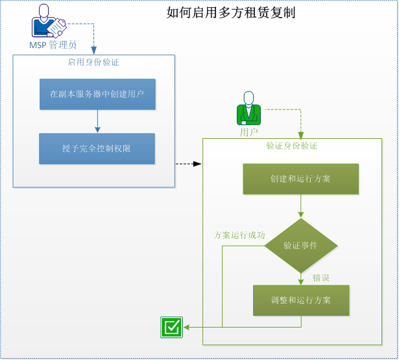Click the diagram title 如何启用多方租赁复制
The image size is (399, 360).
click(231, 12)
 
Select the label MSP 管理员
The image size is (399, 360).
click(53, 45)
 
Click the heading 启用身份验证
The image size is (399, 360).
click(93, 62)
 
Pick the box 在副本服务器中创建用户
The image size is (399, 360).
click(97, 94)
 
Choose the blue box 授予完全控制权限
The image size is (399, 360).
click(97, 149)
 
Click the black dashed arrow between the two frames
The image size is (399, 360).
click(189, 164)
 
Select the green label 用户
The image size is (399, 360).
click(248, 132)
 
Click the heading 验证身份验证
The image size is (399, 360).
click(291, 146)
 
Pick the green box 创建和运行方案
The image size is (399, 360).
click(300, 179)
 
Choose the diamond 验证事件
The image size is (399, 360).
click(300, 246)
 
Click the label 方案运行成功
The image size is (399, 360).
click(239, 235)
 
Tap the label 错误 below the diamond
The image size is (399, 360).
click(321, 278)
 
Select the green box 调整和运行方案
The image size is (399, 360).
click(300, 300)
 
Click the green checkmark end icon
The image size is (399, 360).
click(171, 328)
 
